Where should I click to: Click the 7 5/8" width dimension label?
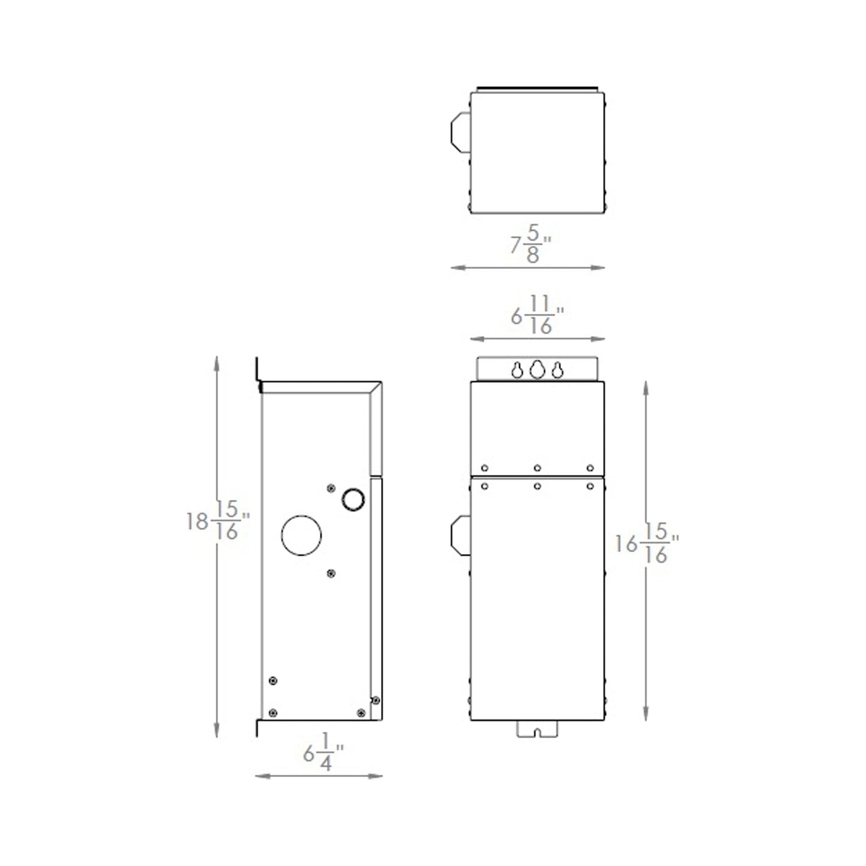(530, 244)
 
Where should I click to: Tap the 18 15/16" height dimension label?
(218, 520)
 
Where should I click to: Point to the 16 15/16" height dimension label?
(646, 544)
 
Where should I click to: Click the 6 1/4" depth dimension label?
(323, 753)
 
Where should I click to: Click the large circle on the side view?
(301, 535)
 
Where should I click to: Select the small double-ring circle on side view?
(353, 499)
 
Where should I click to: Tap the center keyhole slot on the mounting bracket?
(537, 369)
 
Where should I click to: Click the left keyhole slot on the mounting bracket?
(517, 371)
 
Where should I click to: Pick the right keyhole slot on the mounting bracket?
(557, 371)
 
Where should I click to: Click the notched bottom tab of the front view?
(537, 729)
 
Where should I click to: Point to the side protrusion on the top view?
(460, 132)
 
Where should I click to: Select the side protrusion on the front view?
(460, 535)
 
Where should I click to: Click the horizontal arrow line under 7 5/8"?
(527, 268)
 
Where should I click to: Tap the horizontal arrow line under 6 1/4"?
(319, 776)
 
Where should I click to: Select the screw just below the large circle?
(331, 574)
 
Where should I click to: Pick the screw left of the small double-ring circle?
(331, 488)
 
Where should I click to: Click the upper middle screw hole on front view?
(537, 468)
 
